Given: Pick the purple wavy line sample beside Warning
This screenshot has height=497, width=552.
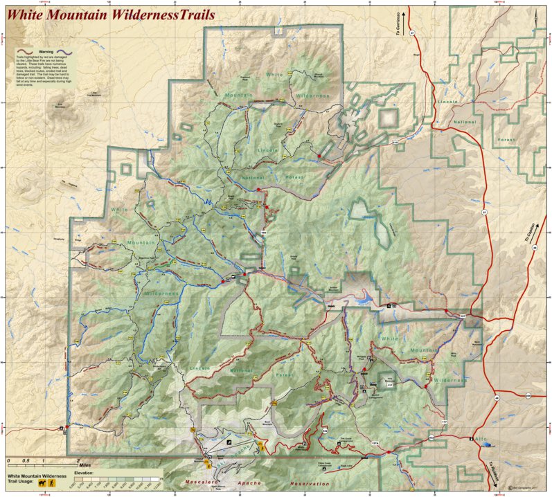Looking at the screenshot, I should tap(66, 52).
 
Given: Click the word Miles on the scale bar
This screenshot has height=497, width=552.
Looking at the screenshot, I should tap(84, 465).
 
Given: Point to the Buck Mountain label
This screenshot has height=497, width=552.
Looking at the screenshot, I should tap(253, 420).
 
